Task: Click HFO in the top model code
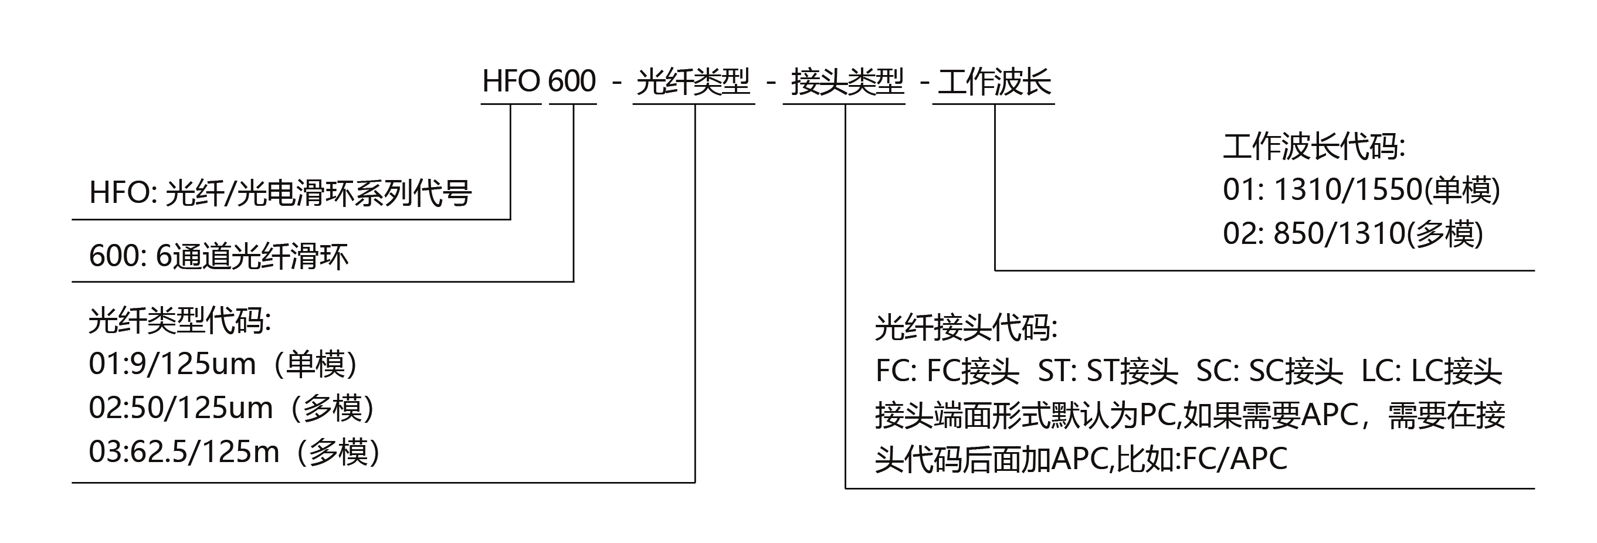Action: pyautogui.click(x=511, y=81)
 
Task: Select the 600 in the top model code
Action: pyautogui.click(x=572, y=81)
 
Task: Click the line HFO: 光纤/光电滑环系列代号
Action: pyautogui.click(x=280, y=193)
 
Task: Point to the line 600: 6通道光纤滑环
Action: pyautogui.click(x=218, y=256)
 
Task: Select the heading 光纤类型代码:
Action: pyautogui.click(x=180, y=321)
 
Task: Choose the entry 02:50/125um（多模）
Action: pyautogui.click(x=233, y=409)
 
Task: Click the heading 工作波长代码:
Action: pyautogui.click(x=1314, y=147)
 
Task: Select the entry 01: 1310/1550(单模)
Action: pyautogui.click(x=1361, y=189)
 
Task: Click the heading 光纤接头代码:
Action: pyautogui.click(x=966, y=327)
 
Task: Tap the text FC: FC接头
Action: pyautogui.click(x=947, y=371)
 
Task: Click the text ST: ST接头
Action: pyautogui.click(x=1108, y=371)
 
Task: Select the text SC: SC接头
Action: pyautogui.click(x=1269, y=371)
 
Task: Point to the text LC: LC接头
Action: pyautogui.click(x=1432, y=371)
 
